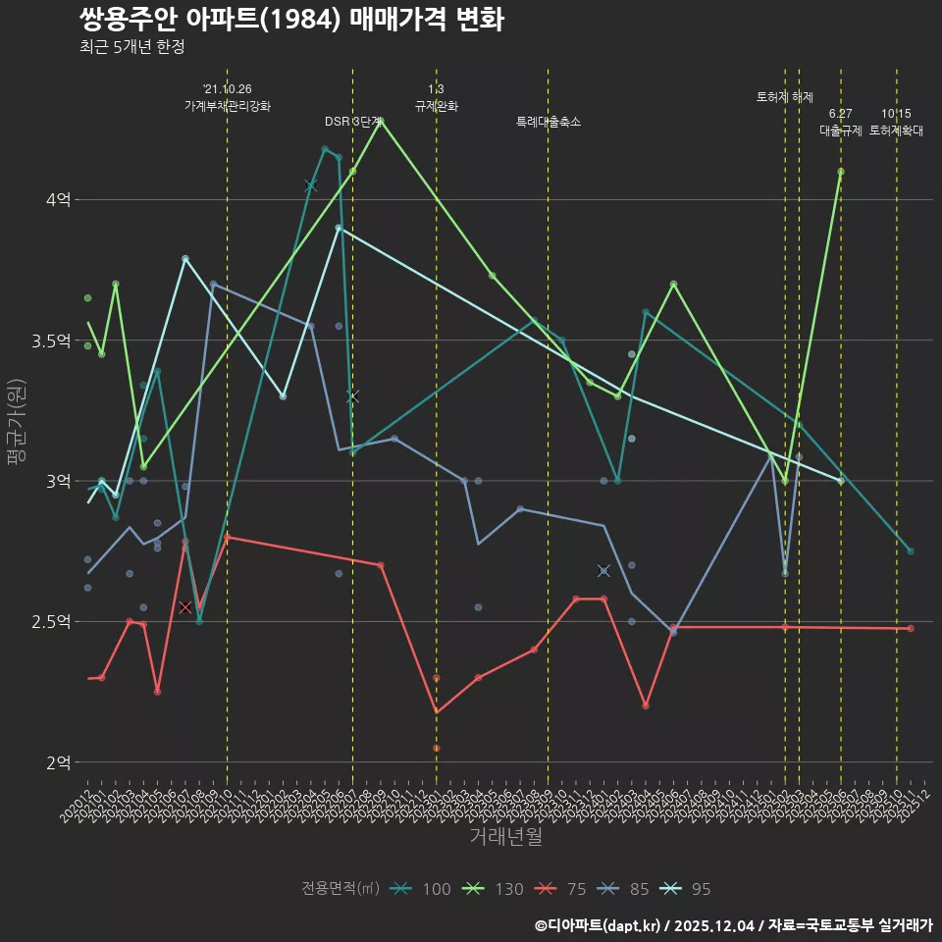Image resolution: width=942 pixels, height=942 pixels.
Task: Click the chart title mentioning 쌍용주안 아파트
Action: (x=290, y=19)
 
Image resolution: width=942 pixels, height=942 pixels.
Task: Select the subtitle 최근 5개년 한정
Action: (x=131, y=46)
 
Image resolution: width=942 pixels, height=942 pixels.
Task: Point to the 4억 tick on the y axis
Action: (x=58, y=200)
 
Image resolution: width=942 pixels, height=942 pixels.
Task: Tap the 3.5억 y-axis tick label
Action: (x=51, y=340)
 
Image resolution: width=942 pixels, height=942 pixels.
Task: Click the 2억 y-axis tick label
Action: (x=58, y=762)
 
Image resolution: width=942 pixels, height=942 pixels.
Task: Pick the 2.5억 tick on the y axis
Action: (x=51, y=622)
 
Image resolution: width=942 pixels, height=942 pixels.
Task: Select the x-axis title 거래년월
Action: (x=505, y=837)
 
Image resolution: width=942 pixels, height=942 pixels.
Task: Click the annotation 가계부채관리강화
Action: (x=228, y=106)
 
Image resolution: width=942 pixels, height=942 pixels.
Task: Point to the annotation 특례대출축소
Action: (x=549, y=122)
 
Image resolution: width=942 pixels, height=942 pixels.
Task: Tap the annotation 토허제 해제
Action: (x=785, y=97)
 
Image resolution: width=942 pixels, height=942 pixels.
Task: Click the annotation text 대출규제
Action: (x=841, y=131)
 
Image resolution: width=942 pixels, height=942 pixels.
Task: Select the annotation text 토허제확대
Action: (x=897, y=131)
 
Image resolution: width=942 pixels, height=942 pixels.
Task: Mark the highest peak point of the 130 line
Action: (x=381, y=121)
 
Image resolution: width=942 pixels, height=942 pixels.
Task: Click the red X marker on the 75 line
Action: (x=185, y=607)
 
